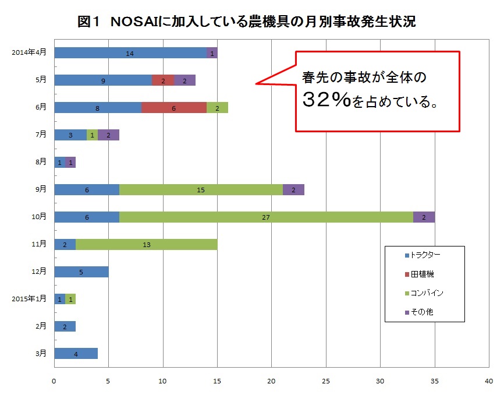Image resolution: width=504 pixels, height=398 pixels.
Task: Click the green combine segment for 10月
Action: (x=267, y=217)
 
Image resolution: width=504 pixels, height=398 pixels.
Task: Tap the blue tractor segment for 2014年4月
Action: (x=130, y=52)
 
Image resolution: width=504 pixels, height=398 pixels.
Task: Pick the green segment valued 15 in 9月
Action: (x=201, y=189)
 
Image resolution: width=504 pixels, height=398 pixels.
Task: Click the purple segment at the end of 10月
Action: (x=424, y=217)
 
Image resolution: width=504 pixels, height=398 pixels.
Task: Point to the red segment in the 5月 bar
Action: (x=163, y=80)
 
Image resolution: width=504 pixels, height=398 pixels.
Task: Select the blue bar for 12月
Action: (x=81, y=272)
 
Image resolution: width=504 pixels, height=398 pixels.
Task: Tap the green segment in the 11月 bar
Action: (x=147, y=244)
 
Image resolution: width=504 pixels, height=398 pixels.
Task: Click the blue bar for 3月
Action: (x=76, y=354)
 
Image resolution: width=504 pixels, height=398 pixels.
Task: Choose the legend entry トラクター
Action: (x=425, y=255)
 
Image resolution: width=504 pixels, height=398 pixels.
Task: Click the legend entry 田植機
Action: (x=421, y=274)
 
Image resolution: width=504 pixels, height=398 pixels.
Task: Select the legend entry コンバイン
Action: (x=427, y=293)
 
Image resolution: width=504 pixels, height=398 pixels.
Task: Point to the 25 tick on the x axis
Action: (x=326, y=381)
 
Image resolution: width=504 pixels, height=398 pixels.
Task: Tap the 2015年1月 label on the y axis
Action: (x=29, y=299)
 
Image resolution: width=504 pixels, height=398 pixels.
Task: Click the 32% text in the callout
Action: (x=326, y=101)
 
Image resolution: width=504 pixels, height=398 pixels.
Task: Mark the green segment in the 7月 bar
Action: (x=92, y=135)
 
